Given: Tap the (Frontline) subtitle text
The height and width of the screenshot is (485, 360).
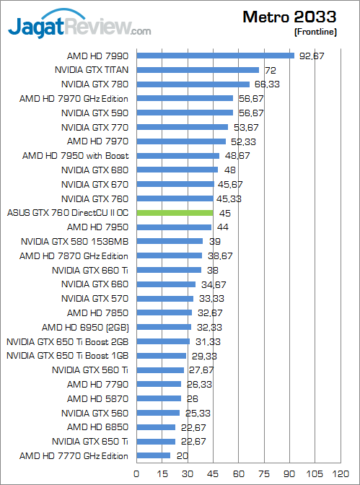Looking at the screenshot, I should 315,32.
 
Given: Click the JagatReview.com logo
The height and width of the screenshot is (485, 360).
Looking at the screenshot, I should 79,27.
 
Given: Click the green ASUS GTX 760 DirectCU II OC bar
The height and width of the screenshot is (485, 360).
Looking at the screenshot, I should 175,213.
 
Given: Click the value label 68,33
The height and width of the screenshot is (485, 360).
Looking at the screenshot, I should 266,84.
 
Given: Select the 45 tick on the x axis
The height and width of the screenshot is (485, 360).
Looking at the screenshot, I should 214,473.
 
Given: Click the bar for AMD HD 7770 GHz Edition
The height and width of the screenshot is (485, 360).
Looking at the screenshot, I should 153,455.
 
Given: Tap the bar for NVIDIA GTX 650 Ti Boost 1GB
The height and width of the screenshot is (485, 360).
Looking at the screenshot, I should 161,355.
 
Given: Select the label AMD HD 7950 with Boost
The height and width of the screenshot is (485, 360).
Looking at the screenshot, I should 75,156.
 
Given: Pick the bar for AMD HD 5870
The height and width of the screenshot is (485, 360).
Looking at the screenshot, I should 158,398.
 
